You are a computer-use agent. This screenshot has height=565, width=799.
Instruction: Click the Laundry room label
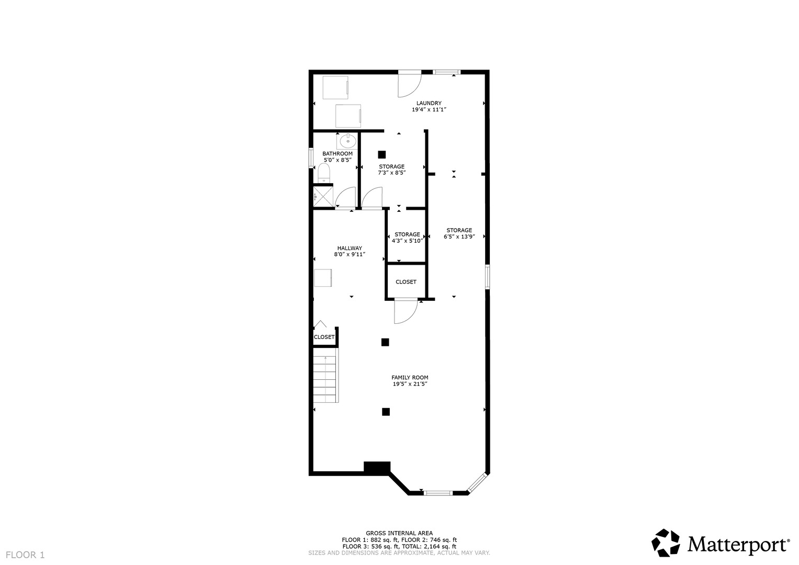coord(429,103)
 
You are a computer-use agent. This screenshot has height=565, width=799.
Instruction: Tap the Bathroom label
coord(337,154)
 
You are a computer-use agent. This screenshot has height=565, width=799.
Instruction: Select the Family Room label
coord(410,377)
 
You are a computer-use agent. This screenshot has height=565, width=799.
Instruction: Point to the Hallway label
coord(349,248)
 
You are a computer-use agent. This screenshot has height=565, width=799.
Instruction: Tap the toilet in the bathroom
coord(324,173)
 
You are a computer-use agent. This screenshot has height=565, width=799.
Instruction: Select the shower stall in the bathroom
coord(323,196)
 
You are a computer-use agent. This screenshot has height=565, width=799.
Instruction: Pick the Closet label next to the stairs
coord(324,337)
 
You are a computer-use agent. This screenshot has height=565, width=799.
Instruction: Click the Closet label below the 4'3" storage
coord(406,281)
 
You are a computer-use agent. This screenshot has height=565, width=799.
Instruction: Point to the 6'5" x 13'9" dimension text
coord(459,236)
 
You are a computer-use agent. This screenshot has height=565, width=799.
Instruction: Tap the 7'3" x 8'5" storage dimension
coord(391,173)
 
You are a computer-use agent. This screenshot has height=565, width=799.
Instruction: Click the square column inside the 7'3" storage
coord(382,154)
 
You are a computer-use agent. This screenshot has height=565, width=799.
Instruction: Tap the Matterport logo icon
coord(665,543)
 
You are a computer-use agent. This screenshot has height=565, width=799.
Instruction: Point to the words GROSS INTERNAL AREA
coord(399,534)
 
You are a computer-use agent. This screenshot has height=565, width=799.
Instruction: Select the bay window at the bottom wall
coord(437,492)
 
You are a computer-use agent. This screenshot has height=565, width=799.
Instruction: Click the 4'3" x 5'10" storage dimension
coord(407,241)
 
